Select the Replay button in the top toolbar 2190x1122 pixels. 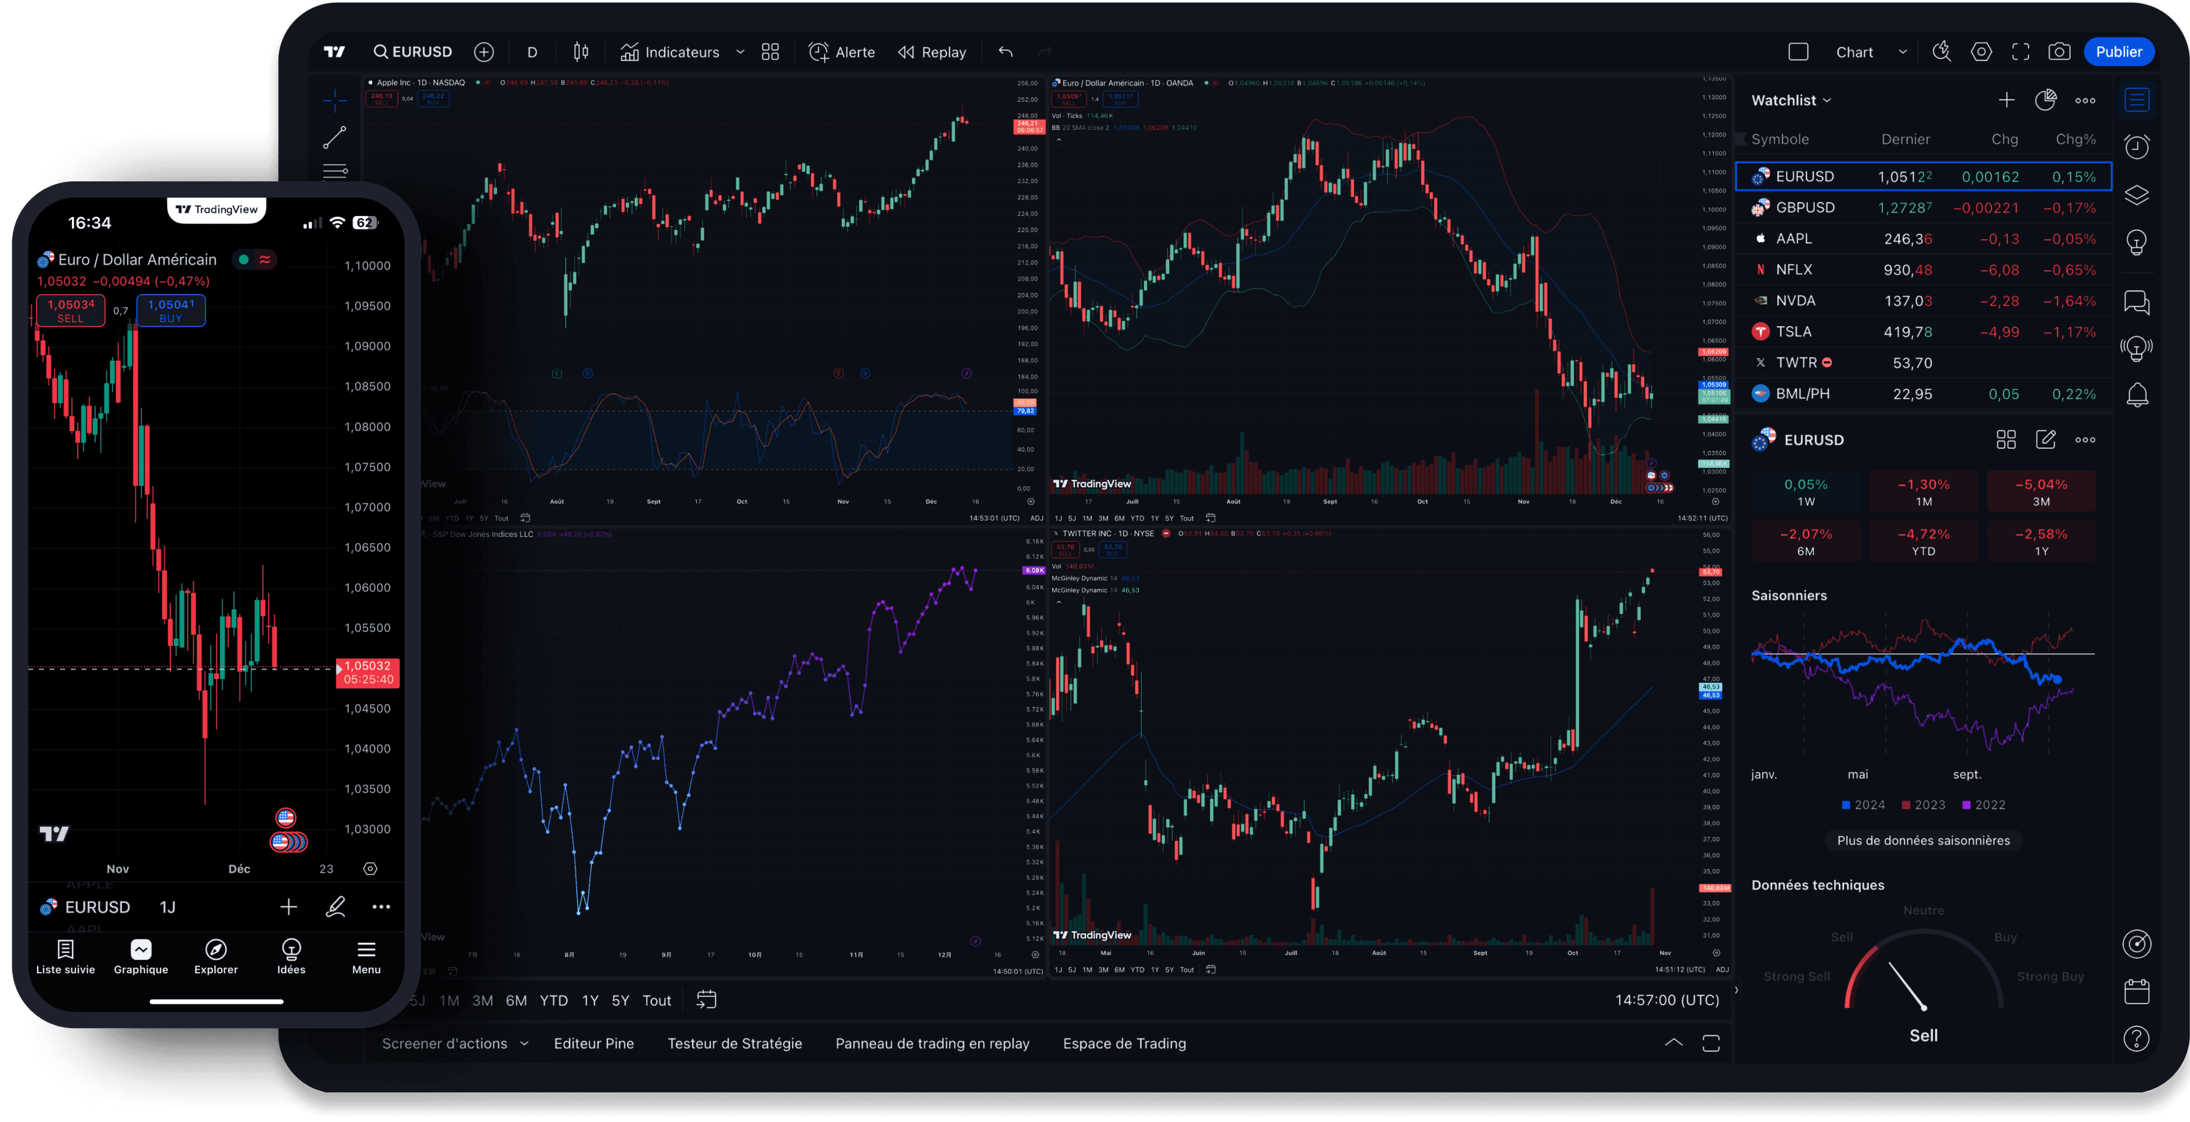(932, 52)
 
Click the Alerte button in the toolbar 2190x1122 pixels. (842, 52)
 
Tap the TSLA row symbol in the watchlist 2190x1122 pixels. (1793, 331)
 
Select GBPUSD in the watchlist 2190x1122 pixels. (1804, 208)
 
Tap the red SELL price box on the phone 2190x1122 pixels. (71, 310)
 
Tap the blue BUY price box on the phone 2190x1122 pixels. (171, 310)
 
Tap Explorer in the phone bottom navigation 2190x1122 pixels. (216, 956)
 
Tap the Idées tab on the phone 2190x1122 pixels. (291, 956)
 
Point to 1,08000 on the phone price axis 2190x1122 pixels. (367, 427)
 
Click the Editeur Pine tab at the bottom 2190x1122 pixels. (593, 1043)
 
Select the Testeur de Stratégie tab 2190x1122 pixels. (735, 1043)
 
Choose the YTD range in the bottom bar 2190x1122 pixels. (553, 1001)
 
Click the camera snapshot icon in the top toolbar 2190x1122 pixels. (2059, 52)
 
